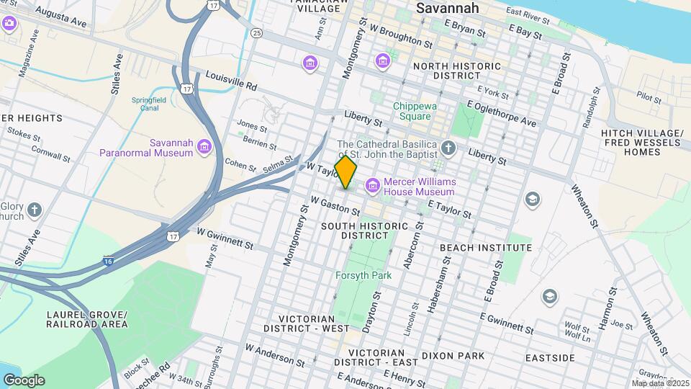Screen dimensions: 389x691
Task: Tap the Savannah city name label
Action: [448, 9]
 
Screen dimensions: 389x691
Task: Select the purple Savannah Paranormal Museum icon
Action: [205, 147]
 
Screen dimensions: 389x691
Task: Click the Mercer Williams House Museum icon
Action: [372, 187]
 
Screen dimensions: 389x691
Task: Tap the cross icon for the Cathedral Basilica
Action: [448, 149]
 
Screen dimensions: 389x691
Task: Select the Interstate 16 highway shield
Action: [108, 260]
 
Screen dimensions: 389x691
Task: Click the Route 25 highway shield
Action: [256, 33]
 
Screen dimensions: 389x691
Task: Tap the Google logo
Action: [23, 380]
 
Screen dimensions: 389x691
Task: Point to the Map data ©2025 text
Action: [660, 383]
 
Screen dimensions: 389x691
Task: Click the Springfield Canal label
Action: [148, 104]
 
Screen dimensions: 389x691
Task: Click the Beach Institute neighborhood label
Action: [486, 247]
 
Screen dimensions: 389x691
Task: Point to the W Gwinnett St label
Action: [225, 240]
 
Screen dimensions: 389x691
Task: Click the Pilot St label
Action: [649, 95]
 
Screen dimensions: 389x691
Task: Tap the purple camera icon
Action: [9, 23]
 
